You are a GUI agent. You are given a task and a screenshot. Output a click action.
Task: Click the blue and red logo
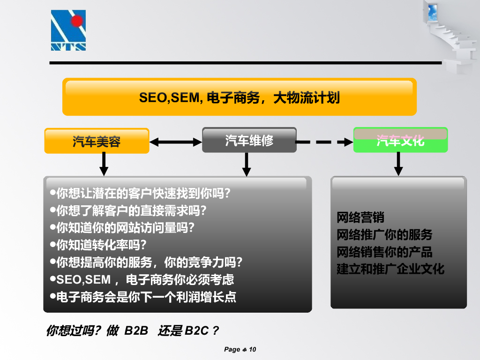68,30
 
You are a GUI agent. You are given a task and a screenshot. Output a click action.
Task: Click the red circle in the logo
77,20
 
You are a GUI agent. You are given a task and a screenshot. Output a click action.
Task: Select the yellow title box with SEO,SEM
239,97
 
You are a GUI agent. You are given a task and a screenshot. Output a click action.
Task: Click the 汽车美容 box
97,141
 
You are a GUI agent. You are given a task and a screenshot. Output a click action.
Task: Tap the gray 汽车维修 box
249,140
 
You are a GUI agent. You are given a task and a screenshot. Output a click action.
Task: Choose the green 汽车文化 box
400,140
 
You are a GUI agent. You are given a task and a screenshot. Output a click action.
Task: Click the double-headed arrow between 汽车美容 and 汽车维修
175,142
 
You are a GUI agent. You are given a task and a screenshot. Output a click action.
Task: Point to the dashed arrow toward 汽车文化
324,142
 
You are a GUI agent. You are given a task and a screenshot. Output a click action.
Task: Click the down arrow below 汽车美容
104,164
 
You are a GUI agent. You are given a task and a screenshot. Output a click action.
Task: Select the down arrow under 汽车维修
247,164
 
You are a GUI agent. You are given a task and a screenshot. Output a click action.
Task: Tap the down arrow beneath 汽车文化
398,164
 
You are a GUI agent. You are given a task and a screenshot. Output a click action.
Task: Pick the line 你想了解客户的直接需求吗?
131,210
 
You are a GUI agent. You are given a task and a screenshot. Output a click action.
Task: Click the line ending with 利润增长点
145,297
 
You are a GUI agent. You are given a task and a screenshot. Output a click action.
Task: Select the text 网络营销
360,217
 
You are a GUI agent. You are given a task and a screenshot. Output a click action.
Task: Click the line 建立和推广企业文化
390,269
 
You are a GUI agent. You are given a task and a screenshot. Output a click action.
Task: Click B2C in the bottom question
196,330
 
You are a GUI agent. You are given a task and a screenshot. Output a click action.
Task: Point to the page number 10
252,349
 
